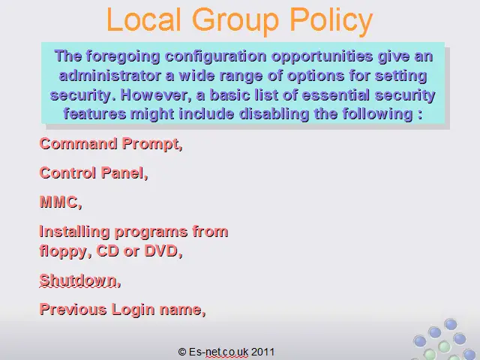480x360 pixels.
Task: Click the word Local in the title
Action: click(x=143, y=19)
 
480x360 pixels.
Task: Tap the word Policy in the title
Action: click(x=331, y=22)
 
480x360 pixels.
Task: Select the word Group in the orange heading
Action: click(x=235, y=22)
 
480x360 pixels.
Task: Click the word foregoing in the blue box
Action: click(x=123, y=57)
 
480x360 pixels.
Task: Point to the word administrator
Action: click(x=110, y=76)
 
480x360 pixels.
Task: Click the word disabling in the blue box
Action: click(x=274, y=114)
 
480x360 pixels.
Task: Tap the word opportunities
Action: click(x=322, y=57)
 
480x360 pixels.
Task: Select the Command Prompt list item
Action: click(x=111, y=144)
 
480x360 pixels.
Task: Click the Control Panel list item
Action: click(x=94, y=173)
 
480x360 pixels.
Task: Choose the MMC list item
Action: click(x=61, y=202)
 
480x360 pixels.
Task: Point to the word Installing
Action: click(x=74, y=232)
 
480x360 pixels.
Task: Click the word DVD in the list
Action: click(x=163, y=251)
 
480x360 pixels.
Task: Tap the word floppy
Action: click(x=65, y=252)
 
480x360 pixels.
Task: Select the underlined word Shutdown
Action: click(x=80, y=280)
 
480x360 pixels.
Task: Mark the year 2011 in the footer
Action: click(x=262, y=352)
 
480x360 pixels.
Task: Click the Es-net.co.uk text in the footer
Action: click(x=218, y=352)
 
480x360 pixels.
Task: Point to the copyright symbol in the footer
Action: click(x=182, y=352)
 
